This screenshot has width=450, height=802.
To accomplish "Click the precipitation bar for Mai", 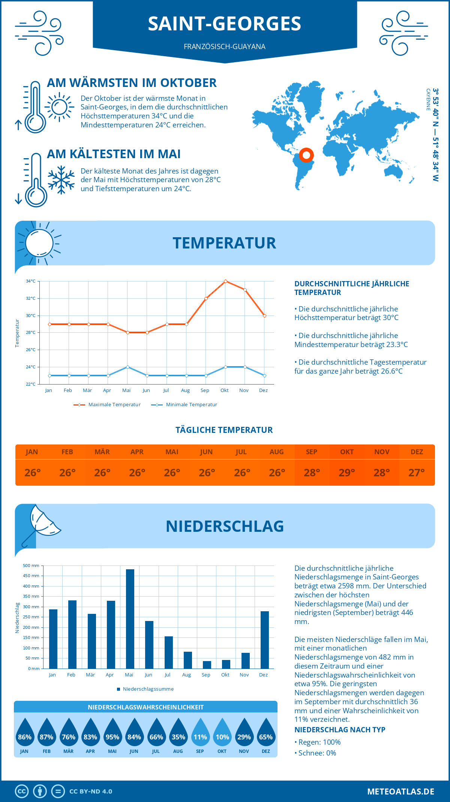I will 130,619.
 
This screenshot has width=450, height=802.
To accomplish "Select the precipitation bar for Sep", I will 207,664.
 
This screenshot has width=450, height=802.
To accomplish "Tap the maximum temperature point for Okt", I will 225,281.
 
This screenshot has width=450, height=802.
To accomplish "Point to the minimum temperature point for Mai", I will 127,367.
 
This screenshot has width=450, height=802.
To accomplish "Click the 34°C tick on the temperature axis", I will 31,281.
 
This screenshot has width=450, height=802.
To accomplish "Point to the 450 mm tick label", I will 31,576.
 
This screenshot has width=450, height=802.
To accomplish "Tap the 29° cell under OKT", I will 346,473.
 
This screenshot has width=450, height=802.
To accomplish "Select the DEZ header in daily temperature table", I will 417,452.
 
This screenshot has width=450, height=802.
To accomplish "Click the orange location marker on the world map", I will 306,155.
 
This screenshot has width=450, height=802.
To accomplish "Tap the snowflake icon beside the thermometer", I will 61,180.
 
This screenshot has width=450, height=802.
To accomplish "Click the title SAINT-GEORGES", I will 224,24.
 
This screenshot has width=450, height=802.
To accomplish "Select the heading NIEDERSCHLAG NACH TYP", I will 340,730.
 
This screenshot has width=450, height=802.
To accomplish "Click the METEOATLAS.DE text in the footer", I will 400,792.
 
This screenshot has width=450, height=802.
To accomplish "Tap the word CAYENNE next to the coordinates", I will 428,100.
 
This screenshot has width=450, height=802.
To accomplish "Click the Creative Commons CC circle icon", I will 22,792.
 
